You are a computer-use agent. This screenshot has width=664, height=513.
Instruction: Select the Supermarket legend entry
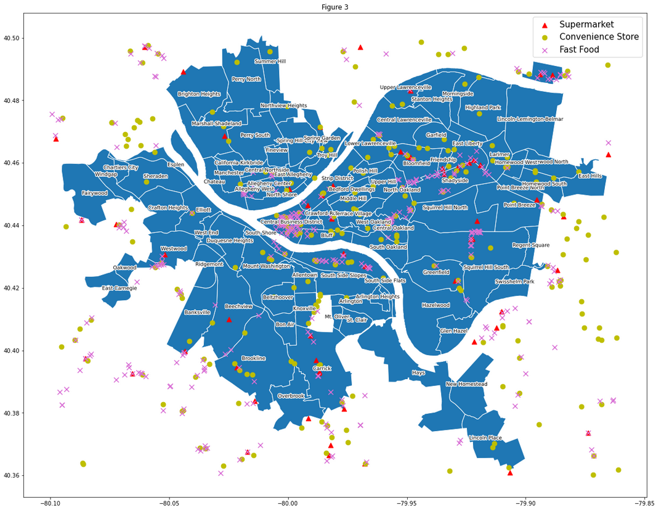click(x=586, y=25)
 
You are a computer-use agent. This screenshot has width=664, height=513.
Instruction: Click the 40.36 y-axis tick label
click(x=12, y=475)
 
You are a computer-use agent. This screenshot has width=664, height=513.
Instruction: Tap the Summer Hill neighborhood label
click(x=270, y=62)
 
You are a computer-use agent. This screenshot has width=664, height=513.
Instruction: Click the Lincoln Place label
click(x=485, y=438)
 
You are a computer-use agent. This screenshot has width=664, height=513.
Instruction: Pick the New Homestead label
click(x=466, y=384)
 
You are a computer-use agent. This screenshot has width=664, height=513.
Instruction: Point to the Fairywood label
click(x=94, y=193)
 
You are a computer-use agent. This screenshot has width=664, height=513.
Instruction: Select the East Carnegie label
click(x=119, y=288)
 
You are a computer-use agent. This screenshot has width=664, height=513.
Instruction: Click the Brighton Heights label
click(x=198, y=94)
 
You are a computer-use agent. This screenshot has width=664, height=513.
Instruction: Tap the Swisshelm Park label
click(x=514, y=282)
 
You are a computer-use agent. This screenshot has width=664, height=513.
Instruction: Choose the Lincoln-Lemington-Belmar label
click(x=530, y=119)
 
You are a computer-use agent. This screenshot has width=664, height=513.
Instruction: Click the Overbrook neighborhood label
click(x=291, y=396)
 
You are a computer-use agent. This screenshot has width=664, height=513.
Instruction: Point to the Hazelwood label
click(x=435, y=305)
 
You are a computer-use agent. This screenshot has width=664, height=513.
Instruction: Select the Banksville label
click(x=197, y=313)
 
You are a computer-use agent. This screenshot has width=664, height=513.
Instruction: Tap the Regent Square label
click(x=530, y=245)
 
